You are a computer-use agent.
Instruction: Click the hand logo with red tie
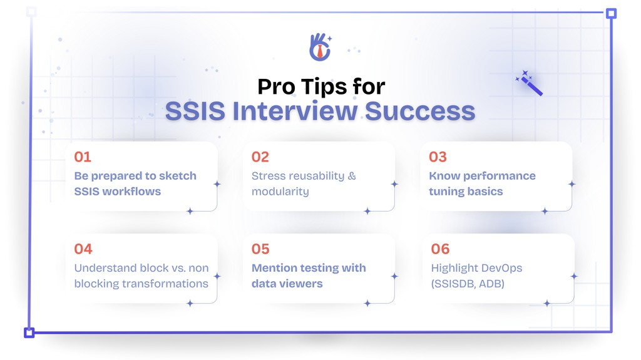320,47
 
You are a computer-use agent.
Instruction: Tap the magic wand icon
530,83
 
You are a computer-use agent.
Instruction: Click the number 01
83,157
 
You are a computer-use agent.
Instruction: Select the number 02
260,157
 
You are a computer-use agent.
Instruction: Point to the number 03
438,157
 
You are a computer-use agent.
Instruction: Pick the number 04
83,249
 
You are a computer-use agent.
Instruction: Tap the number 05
260,249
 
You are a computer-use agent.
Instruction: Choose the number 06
440,249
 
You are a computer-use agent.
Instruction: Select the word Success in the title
420,111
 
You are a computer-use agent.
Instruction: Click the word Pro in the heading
276,86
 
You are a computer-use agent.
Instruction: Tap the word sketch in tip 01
177,176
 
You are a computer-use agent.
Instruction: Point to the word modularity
280,192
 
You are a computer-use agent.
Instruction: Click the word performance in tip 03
495,176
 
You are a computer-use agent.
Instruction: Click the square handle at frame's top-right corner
611,13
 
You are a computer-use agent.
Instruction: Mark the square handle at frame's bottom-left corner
29,332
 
